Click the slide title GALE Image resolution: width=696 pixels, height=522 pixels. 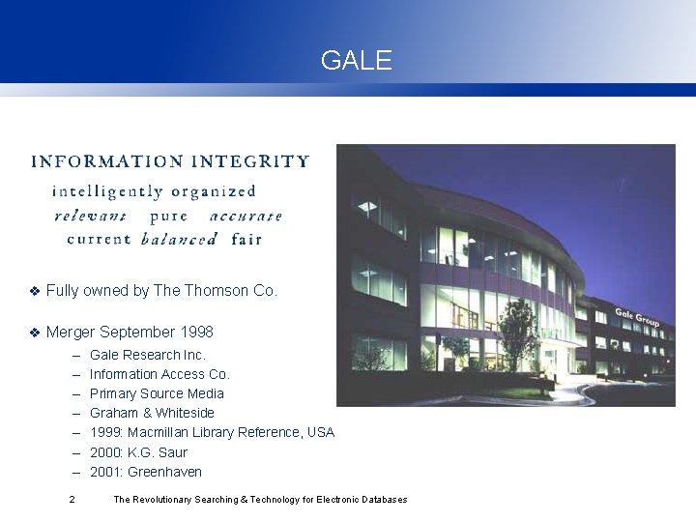(x=357, y=61)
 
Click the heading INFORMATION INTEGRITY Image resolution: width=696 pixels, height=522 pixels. (x=170, y=161)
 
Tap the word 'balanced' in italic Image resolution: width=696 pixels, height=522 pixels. (x=179, y=239)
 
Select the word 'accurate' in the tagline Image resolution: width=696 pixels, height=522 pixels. (x=245, y=215)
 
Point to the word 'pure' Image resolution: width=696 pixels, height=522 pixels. (x=169, y=215)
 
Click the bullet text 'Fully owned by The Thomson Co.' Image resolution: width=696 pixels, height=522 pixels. (x=161, y=290)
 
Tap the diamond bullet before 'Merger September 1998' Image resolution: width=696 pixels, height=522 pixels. (x=35, y=333)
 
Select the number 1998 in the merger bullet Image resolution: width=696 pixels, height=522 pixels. (x=196, y=332)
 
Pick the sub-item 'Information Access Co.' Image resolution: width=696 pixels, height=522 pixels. (x=159, y=374)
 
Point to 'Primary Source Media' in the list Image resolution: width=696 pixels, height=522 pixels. (x=157, y=393)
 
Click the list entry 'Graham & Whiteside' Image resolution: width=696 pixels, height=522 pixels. (x=152, y=413)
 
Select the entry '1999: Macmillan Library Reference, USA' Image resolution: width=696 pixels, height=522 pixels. (x=212, y=432)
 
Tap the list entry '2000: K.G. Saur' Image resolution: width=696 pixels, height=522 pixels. (x=138, y=451)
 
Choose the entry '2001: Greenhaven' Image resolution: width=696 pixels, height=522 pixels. (x=145, y=471)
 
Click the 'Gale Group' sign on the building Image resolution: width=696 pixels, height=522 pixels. (x=637, y=314)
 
